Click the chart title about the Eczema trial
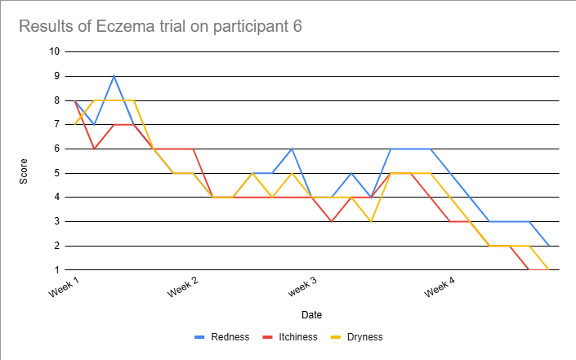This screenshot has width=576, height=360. [160, 26]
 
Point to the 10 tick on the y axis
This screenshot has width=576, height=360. [55, 51]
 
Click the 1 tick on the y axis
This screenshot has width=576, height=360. [57, 270]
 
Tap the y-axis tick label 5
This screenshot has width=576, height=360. [57, 173]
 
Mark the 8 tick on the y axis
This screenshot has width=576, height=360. [57, 100]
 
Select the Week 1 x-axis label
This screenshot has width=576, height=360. [65, 287]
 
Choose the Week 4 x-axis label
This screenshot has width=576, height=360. [441, 287]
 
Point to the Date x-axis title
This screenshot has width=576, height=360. [311, 314]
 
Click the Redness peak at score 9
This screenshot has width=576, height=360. [114, 76]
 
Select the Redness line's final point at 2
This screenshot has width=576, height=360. [548, 246]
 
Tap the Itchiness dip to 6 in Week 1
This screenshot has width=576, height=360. [95, 149]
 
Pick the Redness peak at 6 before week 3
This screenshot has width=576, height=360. [292, 149]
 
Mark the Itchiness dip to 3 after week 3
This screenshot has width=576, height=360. [331, 221]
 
